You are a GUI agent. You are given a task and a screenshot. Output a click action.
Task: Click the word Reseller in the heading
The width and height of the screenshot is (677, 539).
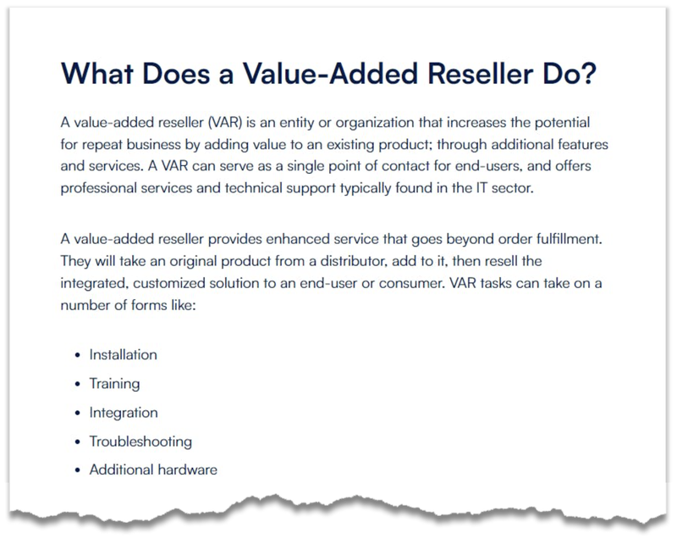coord(481,74)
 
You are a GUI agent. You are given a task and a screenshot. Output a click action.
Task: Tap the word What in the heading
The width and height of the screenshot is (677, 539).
coord(97,74)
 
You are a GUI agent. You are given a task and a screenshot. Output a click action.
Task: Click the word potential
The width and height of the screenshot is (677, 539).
coord(562,123)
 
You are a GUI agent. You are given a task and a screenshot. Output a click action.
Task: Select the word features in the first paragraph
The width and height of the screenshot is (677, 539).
coord(583,144)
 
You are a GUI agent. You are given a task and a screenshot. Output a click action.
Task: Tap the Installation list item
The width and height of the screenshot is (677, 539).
coord(124,355)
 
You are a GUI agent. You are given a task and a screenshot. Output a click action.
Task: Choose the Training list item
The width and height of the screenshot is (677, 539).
coord(114,384)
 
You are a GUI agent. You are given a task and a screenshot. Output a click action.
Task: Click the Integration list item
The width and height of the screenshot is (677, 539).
coord(124,413)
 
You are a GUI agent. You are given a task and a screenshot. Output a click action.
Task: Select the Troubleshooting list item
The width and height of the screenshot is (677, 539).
coord(140,442)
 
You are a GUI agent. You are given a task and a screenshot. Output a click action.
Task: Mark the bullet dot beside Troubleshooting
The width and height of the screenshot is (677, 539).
coord(78,442)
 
